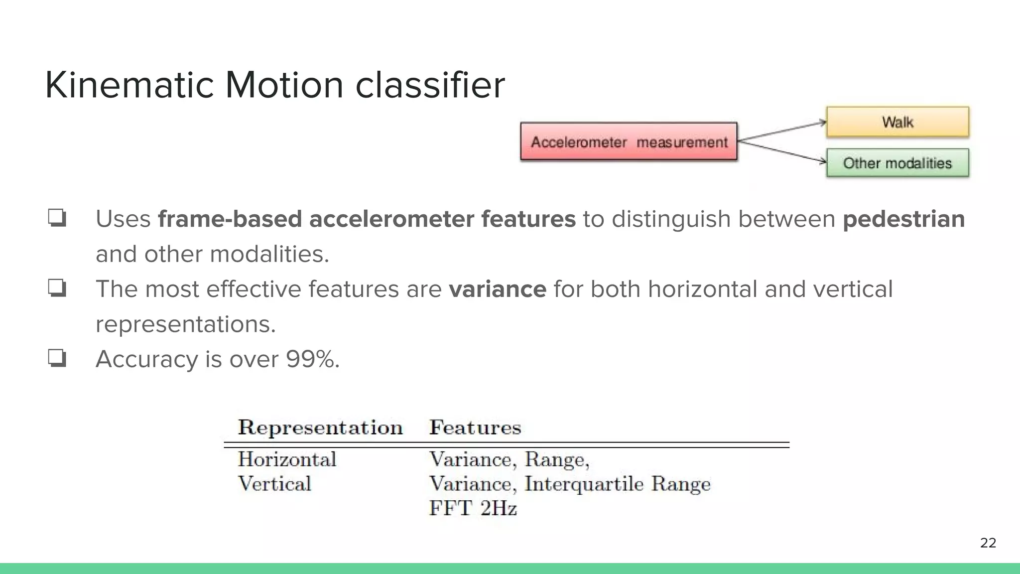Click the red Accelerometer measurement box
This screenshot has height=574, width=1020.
pos(629,142)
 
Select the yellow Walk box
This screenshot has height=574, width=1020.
pos(897,122)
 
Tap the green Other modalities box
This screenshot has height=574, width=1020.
pos(897,163)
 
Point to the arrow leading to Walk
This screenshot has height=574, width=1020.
pos(782,132)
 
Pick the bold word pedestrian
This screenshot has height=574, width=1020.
pos(903,219)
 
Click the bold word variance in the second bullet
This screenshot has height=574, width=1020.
pos(497,289)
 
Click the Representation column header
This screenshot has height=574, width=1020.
pos(320,428)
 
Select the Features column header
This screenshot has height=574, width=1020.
pos(475,428)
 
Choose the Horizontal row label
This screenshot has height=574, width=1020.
pos(287,459)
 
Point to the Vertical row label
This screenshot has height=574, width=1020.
pos(274,483)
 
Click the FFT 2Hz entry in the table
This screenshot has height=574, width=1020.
pos(473,508)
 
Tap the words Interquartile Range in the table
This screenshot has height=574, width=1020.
pos(618,483)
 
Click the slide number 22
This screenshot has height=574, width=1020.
pos(988,543)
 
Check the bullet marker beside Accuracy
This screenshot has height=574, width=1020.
pos(57,358)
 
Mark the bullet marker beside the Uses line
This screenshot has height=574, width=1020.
pos(57,218)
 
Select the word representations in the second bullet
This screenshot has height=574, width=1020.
pos(185,324)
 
